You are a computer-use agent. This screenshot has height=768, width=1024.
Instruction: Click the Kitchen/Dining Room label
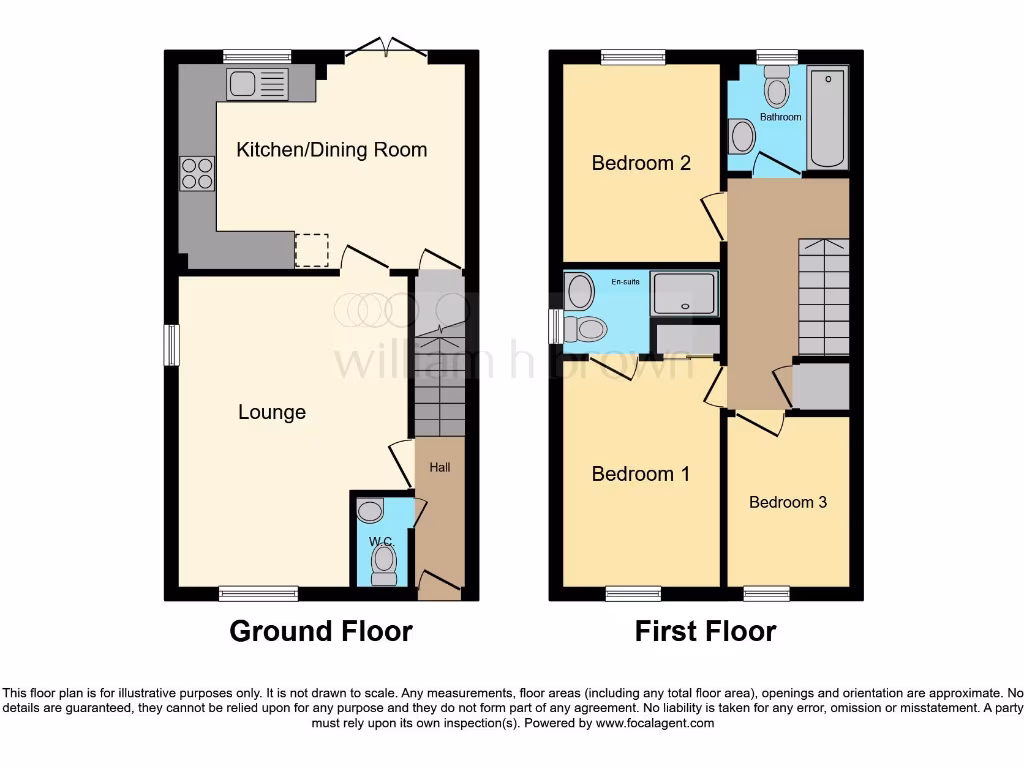click(331, 150)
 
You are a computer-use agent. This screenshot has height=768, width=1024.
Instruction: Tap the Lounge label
click(272, 412)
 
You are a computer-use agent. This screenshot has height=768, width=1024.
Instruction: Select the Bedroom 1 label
click(640, 474)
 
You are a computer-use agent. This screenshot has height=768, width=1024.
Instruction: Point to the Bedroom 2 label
click(641, 163)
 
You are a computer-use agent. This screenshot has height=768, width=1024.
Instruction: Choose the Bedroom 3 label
click(788, 502)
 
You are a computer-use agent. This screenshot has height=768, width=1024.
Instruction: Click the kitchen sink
click(257, 84)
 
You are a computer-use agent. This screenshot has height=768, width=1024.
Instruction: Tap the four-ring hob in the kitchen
click(197, 174)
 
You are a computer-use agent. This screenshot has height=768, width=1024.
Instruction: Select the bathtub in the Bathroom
click(827, 118)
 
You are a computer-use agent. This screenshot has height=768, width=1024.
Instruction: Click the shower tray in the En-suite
click(684, 293)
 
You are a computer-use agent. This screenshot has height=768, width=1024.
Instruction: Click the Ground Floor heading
click(321, 631)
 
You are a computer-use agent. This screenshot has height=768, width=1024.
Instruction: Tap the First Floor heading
click(705, 631)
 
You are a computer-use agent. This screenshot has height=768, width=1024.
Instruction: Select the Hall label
click(440, 467)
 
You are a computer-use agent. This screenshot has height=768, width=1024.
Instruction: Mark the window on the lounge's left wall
click(171, 345)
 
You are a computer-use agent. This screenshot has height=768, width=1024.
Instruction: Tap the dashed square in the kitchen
click(312, 250)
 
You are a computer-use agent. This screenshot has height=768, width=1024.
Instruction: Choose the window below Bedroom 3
click(766, 594)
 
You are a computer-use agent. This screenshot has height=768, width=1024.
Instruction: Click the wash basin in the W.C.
click(370, 513)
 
